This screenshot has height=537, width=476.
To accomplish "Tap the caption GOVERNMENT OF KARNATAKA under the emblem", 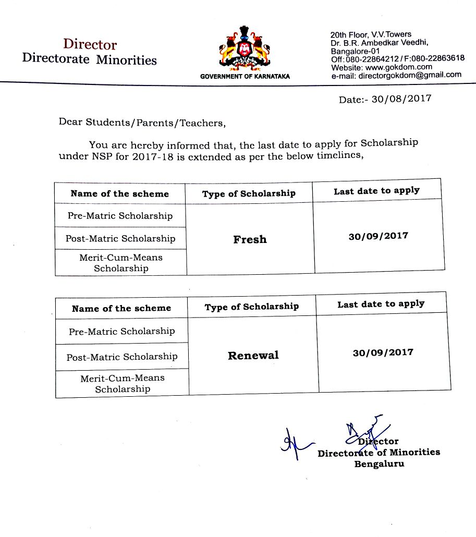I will (x=245, y=77).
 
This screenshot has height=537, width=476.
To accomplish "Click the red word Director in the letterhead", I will (x=90, y=44).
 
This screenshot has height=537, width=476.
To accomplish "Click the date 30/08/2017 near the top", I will (x=401, y=99).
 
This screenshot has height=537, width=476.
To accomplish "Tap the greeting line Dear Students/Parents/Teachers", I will (x=142, y=123).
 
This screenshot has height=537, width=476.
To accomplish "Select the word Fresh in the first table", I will (x=250, y=239).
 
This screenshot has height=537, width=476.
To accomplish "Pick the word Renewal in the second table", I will (x=253, y=356).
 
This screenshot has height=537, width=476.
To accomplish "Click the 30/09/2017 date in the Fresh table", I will (x=379, y=236).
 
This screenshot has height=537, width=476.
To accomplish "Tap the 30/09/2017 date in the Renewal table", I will (x=383, y=352).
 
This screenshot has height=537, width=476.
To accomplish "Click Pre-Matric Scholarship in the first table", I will (x=120, y=216).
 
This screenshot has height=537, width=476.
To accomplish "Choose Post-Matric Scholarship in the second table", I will (x=122, y=357).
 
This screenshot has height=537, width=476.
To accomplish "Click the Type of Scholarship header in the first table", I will (x=249, y=193).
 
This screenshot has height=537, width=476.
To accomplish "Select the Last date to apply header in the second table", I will (x=381, y=303).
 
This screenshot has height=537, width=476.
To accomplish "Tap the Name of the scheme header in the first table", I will (x=120, y=193).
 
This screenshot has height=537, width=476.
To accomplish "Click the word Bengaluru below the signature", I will (x=379, y=463).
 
